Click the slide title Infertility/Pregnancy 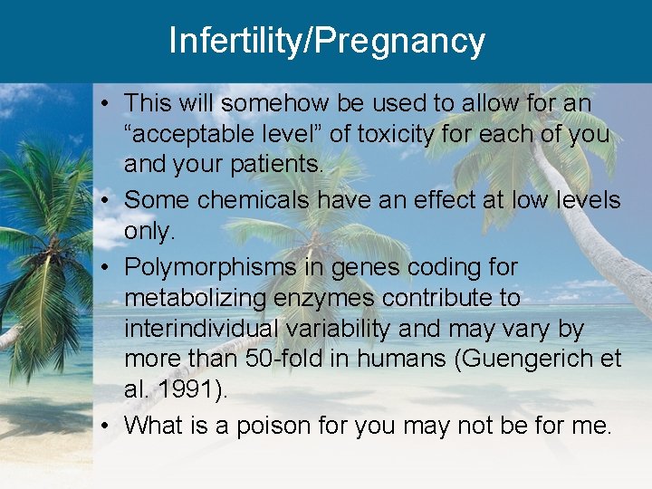coord(326,41)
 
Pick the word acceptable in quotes coord(197,135)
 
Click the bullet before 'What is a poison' coord(107,424)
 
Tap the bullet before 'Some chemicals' coord(107,199)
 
